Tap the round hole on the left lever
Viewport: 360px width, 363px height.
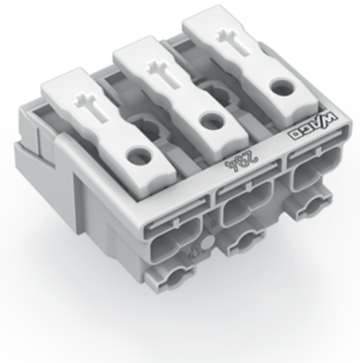pos(136,153)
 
